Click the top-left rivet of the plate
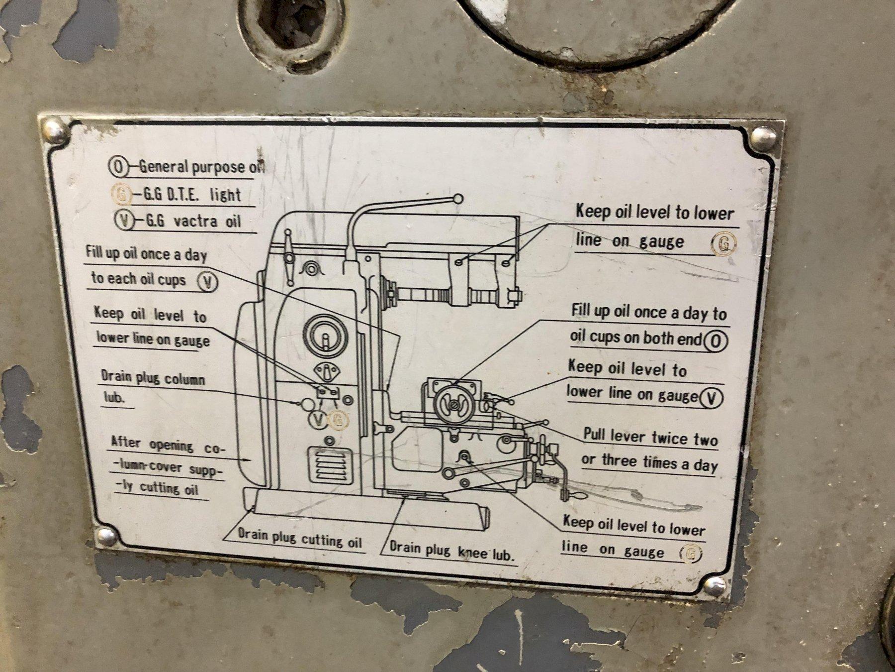pos(54,132)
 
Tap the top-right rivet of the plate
pos(763,137)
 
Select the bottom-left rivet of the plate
pos(105,537)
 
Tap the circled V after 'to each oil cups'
pos(208,282)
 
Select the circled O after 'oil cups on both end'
pos(716,341)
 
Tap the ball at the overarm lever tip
pos(458,199)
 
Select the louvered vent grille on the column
pos(328,464)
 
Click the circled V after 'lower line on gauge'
pos(711,398)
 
